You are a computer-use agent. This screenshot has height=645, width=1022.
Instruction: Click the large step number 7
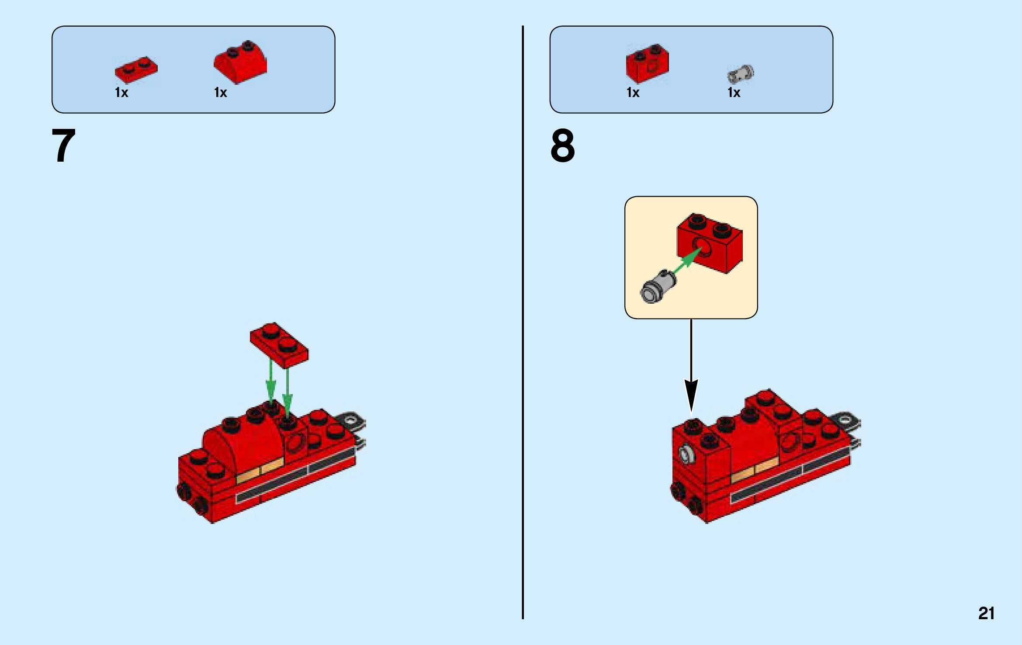point(64,146)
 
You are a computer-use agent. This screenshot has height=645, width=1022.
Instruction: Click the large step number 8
point(563,146)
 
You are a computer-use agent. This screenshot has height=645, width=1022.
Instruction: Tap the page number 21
point(986,613)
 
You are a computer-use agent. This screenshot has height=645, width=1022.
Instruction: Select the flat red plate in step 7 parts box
point(136,70)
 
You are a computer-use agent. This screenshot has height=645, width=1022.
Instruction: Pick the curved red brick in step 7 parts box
point(240,63)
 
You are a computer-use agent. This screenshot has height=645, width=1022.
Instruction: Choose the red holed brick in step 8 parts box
point(647,64)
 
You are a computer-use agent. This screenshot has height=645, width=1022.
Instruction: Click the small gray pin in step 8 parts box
point(740,74)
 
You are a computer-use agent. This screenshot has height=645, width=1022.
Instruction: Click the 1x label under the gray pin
point(734,93)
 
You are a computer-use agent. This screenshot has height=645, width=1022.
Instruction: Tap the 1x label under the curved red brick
point(221,93)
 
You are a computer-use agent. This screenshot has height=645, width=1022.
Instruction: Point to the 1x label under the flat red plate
point(121,93)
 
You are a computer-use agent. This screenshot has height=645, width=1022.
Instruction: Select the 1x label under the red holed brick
point(633,93)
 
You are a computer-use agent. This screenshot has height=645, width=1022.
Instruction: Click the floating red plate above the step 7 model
point(279,345)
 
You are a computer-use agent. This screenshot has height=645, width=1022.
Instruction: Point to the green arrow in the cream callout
point(688,260)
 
